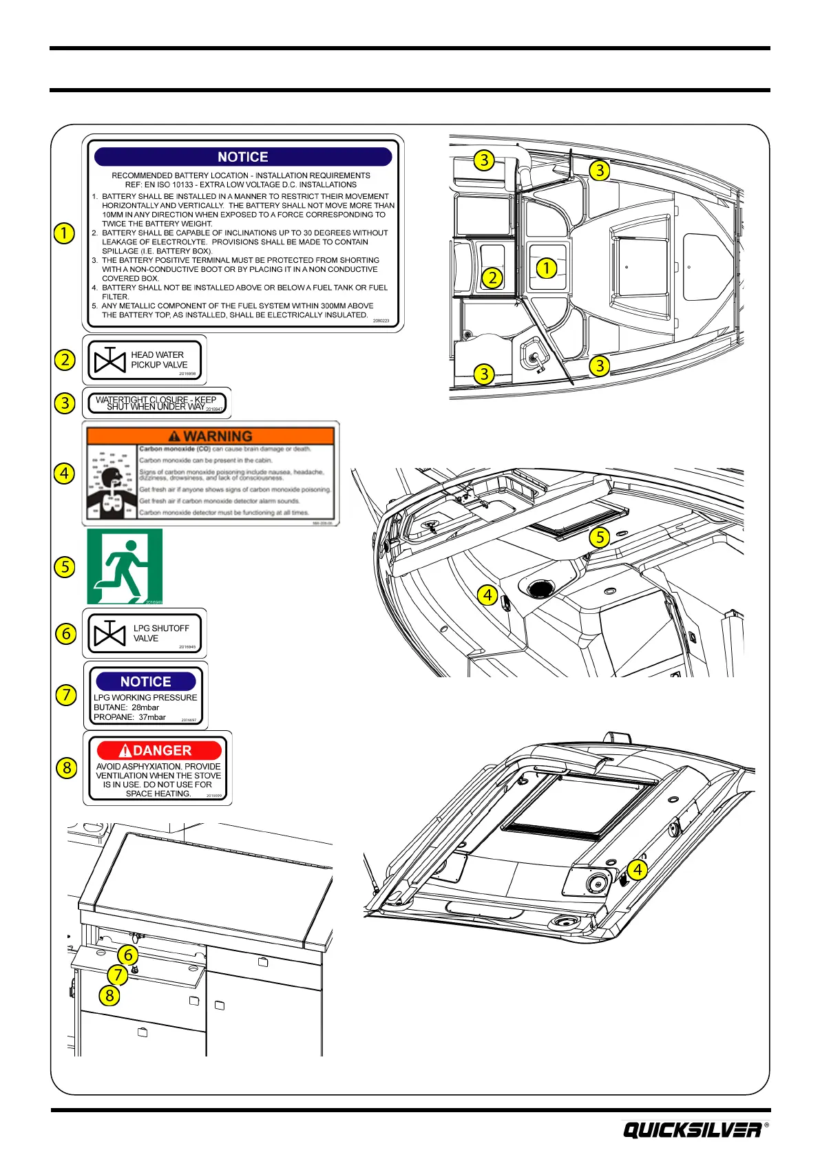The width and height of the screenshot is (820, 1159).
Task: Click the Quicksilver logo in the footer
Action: pos(692,1130)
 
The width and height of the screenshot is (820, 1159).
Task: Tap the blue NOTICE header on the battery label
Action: pos(242,157)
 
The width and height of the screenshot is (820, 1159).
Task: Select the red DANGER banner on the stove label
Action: pos(159,750)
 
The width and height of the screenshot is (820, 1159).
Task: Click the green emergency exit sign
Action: pos(125,566)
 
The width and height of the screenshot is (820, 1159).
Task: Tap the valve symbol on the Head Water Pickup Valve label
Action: pos(109,360)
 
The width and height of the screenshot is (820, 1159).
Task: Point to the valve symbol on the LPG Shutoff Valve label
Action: pos(109,633)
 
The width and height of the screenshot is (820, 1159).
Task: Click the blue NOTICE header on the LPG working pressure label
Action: pos(145,681)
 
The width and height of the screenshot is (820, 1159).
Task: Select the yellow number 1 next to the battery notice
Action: pos(64,233)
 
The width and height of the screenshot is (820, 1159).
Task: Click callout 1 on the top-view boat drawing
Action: pos(546,268)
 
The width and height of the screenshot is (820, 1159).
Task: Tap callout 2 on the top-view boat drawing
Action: pos(492,278)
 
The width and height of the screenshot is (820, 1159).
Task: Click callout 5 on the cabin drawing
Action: pos(600,537)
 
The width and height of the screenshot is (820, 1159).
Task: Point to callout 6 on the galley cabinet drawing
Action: pos(127,955)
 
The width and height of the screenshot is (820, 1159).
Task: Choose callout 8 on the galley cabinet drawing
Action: pos(109,995)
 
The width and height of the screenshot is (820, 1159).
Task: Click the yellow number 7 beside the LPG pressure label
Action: pos(66,694)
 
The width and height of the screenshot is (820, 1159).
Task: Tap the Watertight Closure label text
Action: pos(156,403)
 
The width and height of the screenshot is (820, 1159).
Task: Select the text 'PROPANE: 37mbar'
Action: pos(129,717)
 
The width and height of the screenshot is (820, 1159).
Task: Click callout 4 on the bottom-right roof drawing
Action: pos(638,869)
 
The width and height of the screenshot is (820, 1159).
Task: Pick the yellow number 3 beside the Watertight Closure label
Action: pos(65,403)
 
